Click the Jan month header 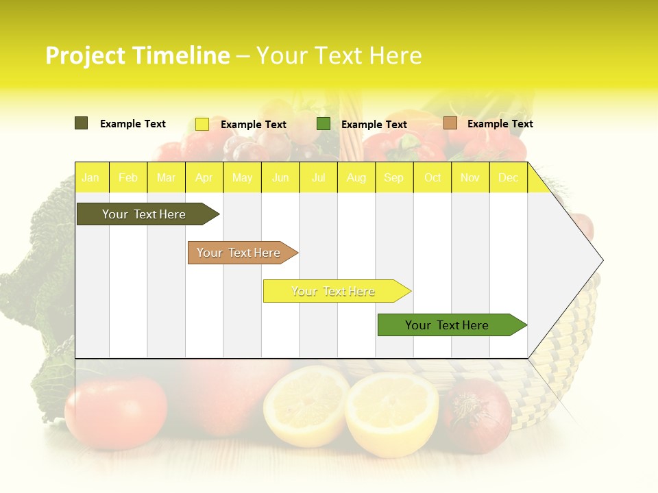pos(90,178)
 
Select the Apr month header pos(204,178)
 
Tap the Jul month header pos(319,178)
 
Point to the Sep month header pos(394,178)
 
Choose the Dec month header pos(509,178)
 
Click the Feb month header pos(128,178)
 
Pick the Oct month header pos(432,178)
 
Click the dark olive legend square pos(81,123)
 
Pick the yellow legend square pos(202,124)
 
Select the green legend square pos(324,124)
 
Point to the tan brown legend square pos(450,123)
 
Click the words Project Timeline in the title pos(138,55)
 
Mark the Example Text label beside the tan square pos(500,124)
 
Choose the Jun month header pos(280,178)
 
